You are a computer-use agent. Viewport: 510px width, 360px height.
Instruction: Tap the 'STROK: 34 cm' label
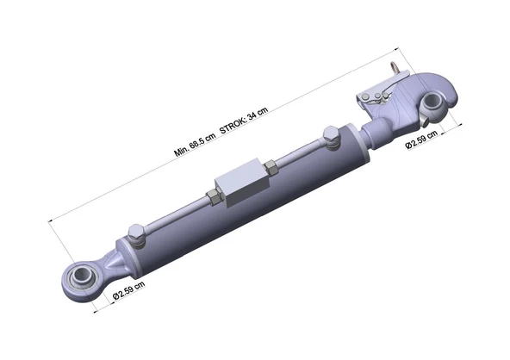pyautogui.click(x=244, y=120)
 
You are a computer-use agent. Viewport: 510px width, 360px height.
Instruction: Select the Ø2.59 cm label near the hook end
pyautogui.click(x=421, y=140)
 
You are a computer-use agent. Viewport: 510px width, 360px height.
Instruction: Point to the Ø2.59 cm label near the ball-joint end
pyautogui.click(x=129, y=290)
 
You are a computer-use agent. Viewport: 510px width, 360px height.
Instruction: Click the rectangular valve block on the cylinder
pyautogui.click(x=243, y=183)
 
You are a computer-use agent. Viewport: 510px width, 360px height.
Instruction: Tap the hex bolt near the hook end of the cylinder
pyautogui.click(x=331, y=137)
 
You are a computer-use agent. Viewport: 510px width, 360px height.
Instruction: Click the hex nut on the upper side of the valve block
pyautogui.click(x=271, y=168)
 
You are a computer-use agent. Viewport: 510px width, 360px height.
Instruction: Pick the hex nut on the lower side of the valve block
pyautogui.click(x=214, y=197)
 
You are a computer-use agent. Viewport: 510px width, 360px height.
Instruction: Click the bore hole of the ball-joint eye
pyautogui.click(x=81, y=274)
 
